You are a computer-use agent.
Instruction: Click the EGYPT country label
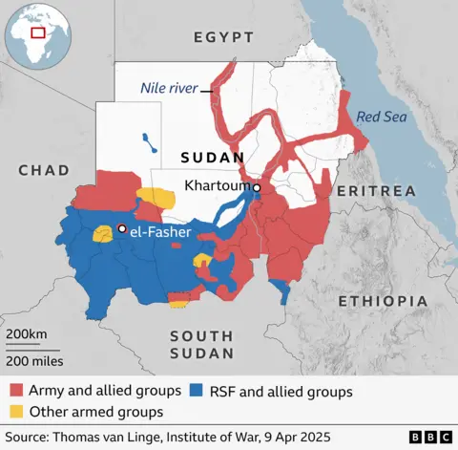(x=223, y=37)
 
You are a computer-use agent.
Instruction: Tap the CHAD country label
(x=43, y=170)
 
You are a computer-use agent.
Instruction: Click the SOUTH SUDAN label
(x=201, y=344)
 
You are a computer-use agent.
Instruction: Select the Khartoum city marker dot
(x=257, y=188)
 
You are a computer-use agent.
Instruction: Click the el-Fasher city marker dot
(x=122, y=228)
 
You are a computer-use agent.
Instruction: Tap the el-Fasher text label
(x=160, y=231)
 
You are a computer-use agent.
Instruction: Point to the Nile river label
(x=168, y=88)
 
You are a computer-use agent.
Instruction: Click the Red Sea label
(x=379, y=118)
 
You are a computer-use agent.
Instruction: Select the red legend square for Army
(x=16, y=391)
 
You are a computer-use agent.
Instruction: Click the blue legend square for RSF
(x=197, y=391)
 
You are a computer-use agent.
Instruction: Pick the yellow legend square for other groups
(x=16, y=412)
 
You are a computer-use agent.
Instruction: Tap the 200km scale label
(x=26, y=333)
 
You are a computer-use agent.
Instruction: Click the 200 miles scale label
(x=34, y=361)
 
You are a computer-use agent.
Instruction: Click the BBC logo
(x=430, y=437)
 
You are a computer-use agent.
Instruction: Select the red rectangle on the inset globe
(x=39, y=32)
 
